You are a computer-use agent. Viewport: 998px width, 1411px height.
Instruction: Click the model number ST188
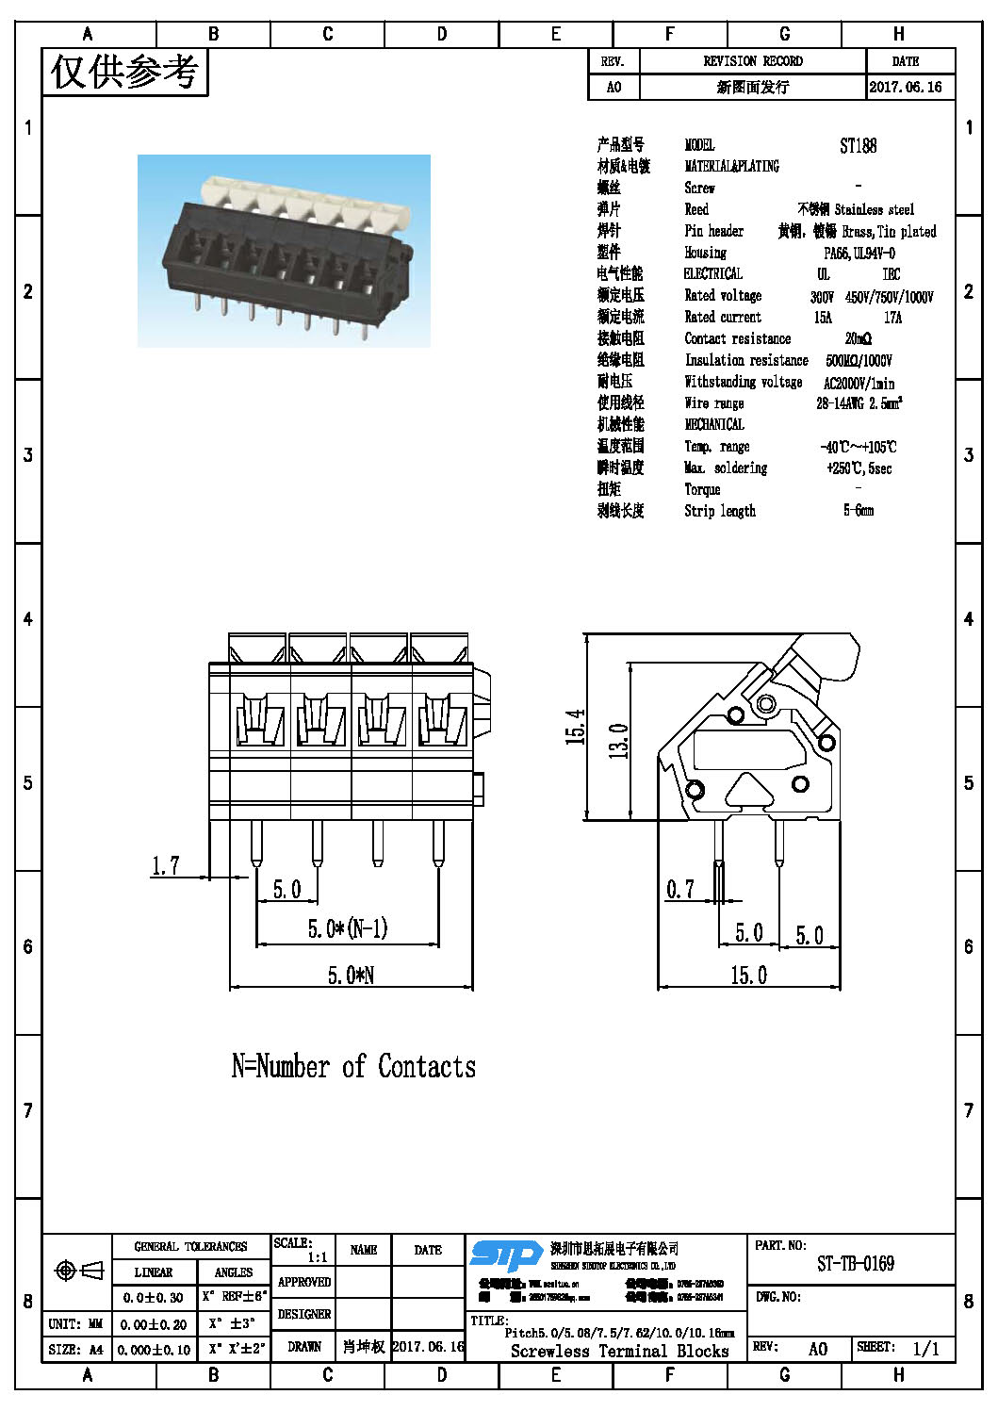858,145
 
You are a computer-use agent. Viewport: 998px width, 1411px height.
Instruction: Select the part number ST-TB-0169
855,1264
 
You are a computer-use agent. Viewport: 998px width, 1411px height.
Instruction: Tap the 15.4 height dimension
575,727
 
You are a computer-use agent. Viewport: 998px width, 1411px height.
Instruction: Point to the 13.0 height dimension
618,741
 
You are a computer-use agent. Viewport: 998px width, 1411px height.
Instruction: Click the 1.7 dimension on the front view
165,865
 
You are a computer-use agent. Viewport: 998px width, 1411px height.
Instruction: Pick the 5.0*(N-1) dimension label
347,928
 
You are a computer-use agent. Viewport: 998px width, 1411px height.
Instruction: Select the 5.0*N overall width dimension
351,975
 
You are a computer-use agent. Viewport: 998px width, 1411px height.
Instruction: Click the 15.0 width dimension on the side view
748,975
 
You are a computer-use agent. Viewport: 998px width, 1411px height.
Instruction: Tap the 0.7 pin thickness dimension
679,889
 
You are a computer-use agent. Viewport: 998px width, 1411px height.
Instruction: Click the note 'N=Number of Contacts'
353,1066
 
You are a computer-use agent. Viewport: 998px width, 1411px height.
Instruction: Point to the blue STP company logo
506,1255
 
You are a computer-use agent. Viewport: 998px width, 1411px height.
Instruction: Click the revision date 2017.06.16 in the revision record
905,87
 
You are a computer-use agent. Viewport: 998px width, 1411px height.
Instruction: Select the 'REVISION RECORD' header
752,61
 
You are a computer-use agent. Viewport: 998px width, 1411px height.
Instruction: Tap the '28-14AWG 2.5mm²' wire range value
859,403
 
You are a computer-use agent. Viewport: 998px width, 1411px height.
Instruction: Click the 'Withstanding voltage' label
743,382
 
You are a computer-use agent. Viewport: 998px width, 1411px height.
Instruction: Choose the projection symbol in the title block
79,1271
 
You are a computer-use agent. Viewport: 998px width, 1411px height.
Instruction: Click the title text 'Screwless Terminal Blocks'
619,1351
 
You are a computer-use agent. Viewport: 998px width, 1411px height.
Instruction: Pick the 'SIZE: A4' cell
76,1350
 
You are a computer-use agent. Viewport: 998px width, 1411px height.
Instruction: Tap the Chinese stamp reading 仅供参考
124,72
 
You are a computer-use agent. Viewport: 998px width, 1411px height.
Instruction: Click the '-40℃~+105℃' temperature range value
858,447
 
